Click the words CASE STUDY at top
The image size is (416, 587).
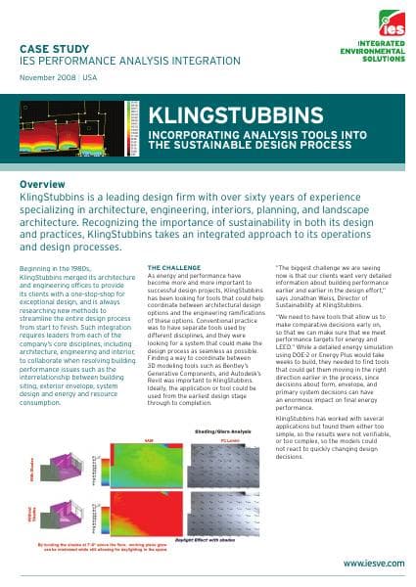pyautogui.click(x=57, y=47)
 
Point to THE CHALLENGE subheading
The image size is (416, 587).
pyautogui.click(x=174, y=267)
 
